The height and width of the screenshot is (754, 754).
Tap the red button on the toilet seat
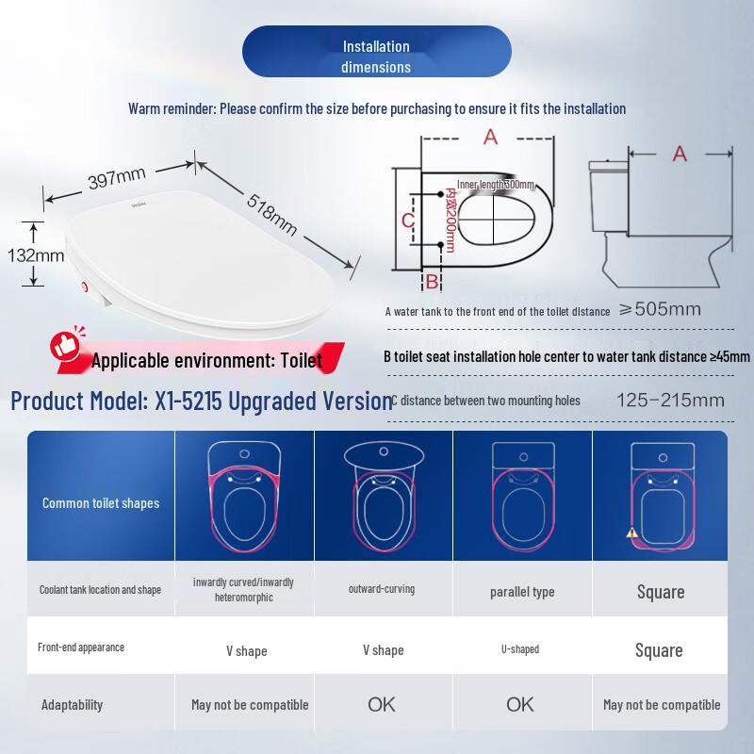pos(86,287)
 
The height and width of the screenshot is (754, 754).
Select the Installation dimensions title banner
pos(376,57)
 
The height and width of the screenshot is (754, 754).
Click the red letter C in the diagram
pos(407,220)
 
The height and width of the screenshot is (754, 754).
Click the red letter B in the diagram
pos(431,281)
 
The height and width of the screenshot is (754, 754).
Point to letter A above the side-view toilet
pos(680,154)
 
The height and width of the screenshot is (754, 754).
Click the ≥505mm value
pos(659,309)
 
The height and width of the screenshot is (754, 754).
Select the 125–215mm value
pos(669,401)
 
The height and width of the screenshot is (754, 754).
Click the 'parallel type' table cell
pos(522,592)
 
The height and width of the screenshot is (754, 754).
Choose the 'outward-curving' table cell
pos(382,589)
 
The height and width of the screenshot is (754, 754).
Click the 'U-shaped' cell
pos(522,649)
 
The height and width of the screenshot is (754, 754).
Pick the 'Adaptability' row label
pos(73,704)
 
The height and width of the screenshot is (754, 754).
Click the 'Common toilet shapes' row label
pos(101,503)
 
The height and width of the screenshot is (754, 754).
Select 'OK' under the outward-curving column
pos(383,704)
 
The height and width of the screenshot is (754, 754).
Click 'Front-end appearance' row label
pos(81,647)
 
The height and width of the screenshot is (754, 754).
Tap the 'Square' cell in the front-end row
pos(659,650)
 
